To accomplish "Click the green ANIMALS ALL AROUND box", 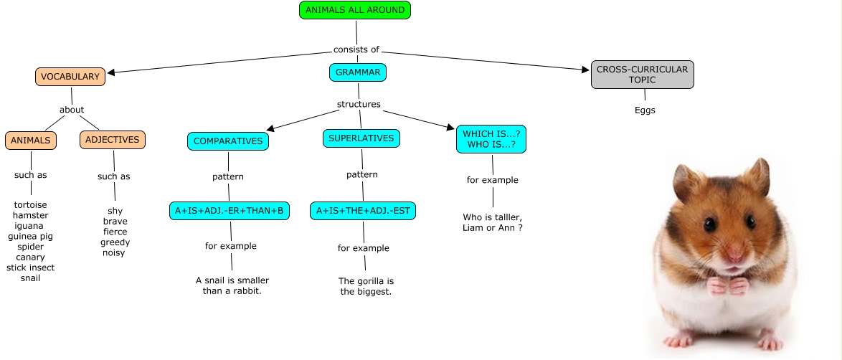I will [355, 10].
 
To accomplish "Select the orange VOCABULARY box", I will [70, 77].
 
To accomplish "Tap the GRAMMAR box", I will [358, 72].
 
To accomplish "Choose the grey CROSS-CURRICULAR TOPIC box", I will [642, 75].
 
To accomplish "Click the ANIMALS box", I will [31, 141].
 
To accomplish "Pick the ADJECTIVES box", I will [112, 140].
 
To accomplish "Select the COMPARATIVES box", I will [228, 141].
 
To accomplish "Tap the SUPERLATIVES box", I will [361, 138].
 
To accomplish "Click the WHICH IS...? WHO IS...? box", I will [491, 139].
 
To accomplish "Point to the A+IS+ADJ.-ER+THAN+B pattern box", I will [230, 211].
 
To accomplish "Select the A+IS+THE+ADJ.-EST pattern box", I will [363, 211].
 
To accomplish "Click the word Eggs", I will [645, 110].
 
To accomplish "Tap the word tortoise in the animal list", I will [30, 205].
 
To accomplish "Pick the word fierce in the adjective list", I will [115, 232].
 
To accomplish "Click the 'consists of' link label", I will [356, 49].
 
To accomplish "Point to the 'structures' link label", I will [359, 105].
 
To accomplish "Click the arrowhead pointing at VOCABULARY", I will [113, 72].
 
